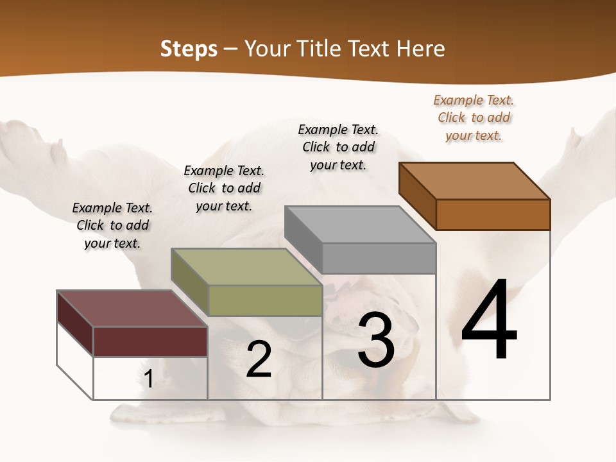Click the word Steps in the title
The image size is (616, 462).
[x=189, y=49]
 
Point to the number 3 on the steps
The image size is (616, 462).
[x=376, y=340]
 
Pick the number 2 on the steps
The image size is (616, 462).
[x=259, y=359]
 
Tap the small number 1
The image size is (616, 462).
[x=149, y=379]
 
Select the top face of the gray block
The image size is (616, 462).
[x=360, y=225]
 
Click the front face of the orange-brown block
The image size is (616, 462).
[x=493, y=214]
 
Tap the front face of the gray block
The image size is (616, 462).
[x=379, y=258]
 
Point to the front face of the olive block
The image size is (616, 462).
[x=265, y=300]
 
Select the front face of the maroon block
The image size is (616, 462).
[x=150, y=341]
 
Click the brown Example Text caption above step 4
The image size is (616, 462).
[x=474, y=117]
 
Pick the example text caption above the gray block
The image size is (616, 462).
[x=338, y=147]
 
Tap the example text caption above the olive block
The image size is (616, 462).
[x=224, y=188]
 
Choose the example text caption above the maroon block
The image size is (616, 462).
[x=112, y=225]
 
